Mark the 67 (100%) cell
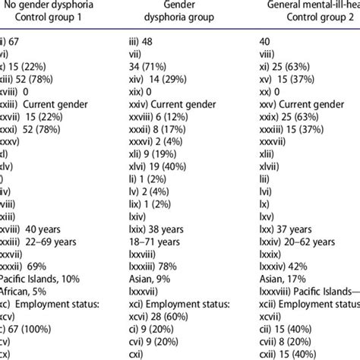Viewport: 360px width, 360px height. point(30,343)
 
